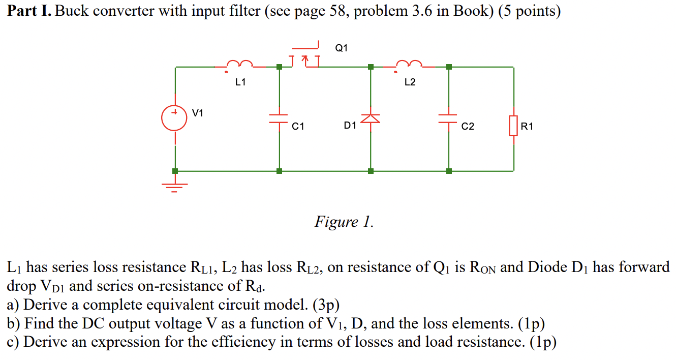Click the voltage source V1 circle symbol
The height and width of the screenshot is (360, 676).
point(175,117)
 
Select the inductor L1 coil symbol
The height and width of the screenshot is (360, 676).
point(239,64)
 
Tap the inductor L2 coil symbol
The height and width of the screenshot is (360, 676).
point(409,64)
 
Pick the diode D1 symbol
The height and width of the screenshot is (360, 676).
point(371,118)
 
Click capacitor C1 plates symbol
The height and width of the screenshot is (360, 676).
point(279,119)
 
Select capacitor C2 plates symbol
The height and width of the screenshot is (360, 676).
point(448,119)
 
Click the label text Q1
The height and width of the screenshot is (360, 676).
point(342,48)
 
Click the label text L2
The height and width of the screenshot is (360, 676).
point(410,82)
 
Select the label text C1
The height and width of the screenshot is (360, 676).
point(298,126)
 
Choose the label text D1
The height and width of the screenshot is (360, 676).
point(350,126)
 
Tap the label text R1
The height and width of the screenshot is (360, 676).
point(527,126)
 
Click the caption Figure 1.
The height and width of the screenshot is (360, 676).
point(344,222)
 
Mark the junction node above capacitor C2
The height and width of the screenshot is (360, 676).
point(448,67)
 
